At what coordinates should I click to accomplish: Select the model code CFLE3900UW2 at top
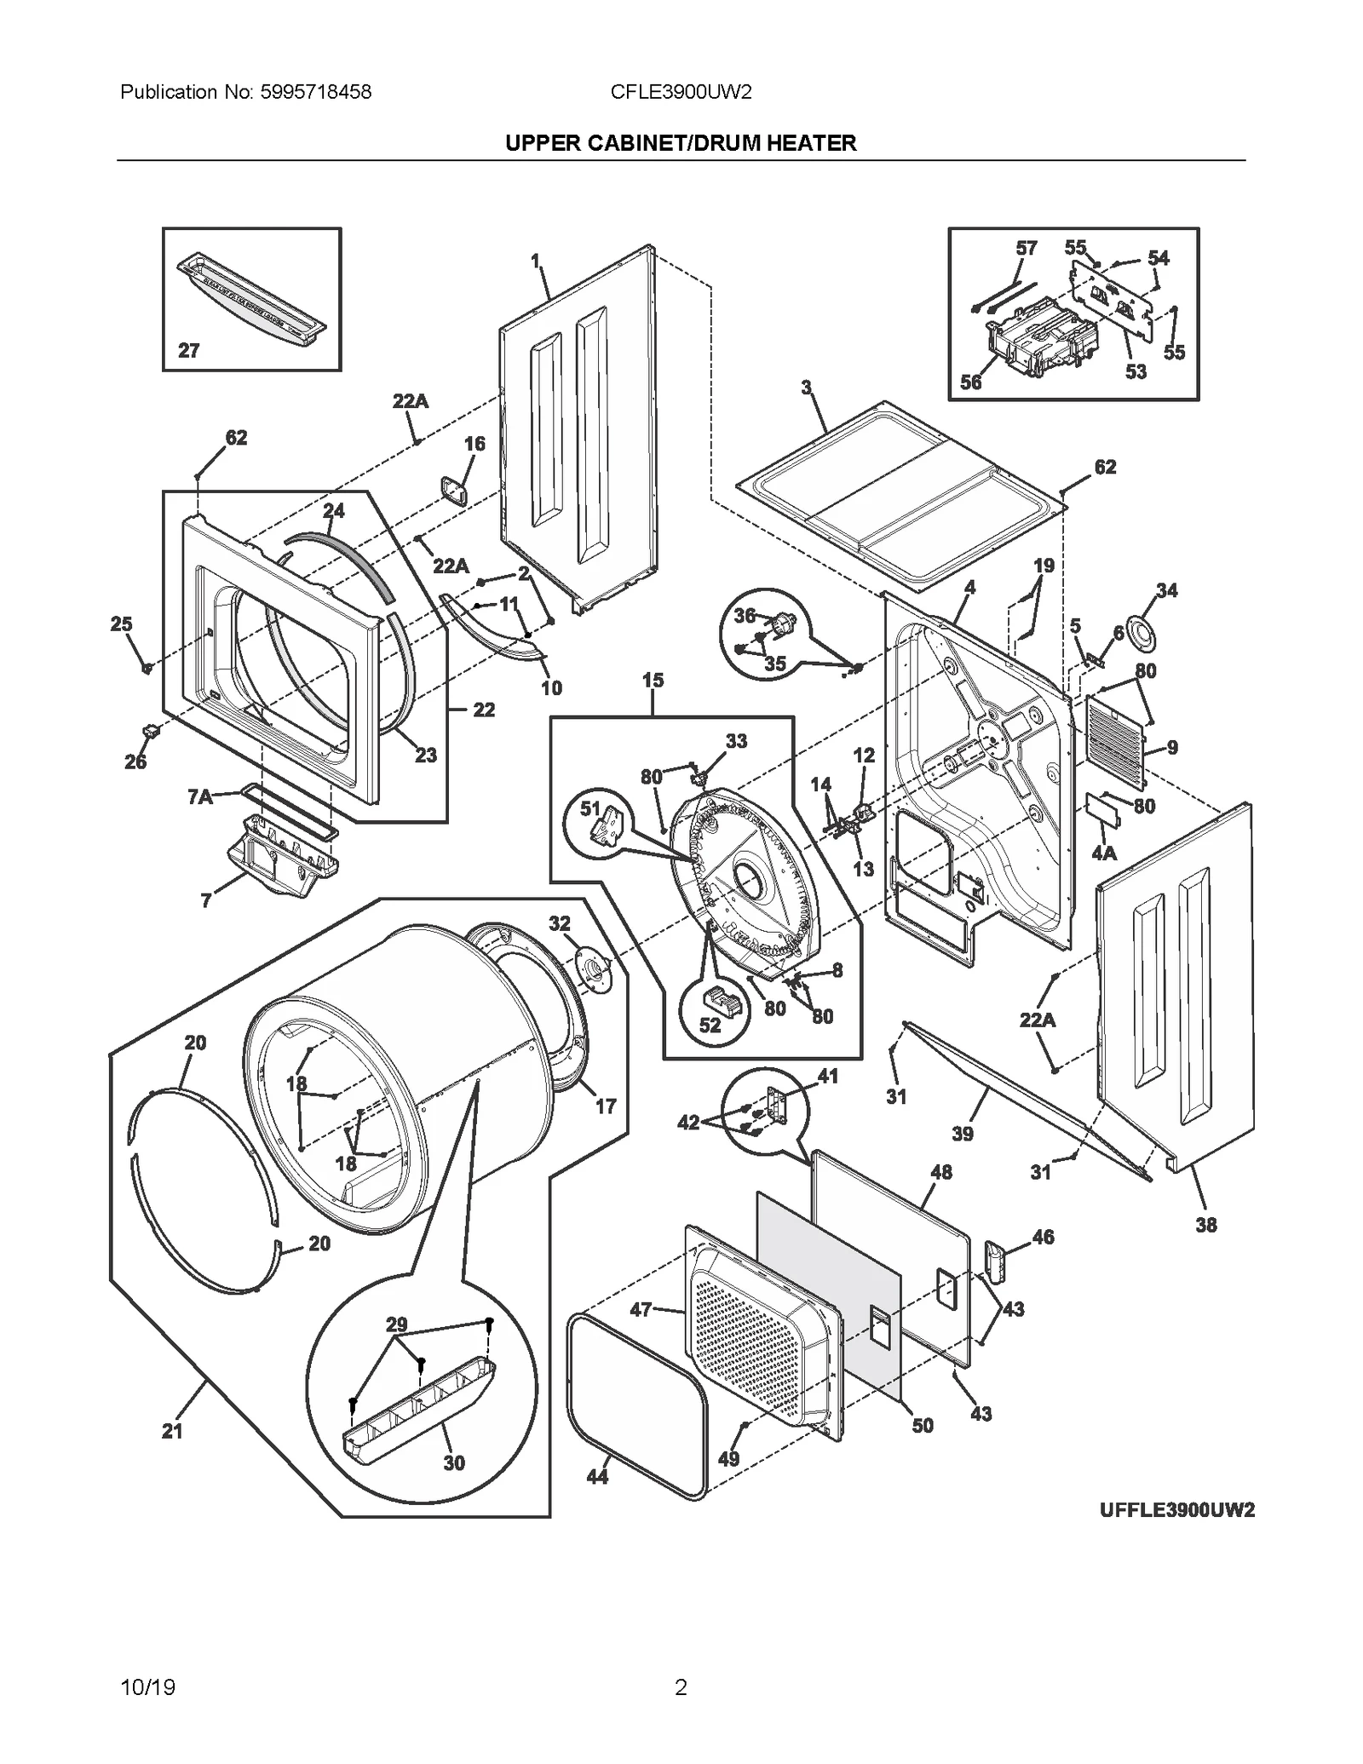681,92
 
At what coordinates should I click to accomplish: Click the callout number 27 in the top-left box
188,350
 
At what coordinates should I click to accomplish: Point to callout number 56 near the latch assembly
971,382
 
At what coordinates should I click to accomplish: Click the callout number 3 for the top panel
806,388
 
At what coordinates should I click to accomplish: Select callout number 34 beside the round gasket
1166,590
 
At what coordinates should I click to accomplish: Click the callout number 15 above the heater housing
653,680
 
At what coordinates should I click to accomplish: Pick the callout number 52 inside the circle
710,1026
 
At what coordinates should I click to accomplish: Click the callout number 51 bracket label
590,808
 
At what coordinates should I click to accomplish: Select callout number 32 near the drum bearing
559,923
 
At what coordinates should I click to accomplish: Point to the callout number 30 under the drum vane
454,1462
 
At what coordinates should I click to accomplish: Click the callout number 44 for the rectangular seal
597,1476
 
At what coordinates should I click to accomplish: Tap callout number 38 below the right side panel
1205,1225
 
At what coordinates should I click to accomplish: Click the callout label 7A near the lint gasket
199,796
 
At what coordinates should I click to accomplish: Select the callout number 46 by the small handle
1043,1236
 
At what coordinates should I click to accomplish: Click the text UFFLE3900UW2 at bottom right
1176,1510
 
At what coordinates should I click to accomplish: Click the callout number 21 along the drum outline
172,1431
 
